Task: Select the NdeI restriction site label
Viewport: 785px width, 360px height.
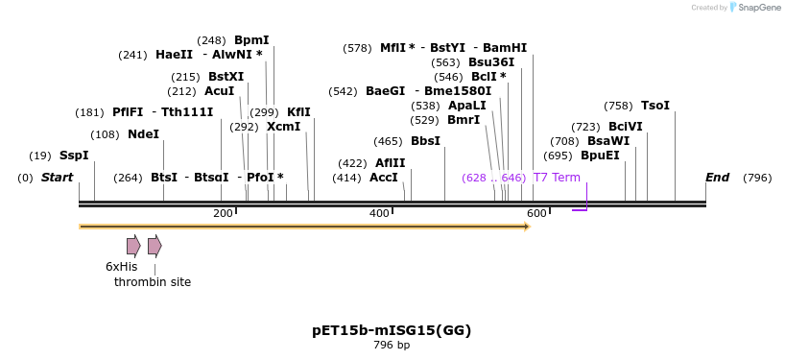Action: tap(143, 134)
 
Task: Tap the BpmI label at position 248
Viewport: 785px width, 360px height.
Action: tap(251, 40)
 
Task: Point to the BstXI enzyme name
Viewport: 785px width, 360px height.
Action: tap(226, 77)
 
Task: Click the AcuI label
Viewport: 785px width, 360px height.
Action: tap(220, 91)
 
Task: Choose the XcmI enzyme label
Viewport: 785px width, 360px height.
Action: tap(283, 127)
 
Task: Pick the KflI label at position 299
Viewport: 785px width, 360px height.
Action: tap(298, 112)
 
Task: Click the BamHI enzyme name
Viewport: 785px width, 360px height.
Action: tap(505, 48)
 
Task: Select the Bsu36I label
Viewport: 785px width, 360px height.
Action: tap(491, 62)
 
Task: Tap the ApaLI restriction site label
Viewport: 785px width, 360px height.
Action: tap(466, 106)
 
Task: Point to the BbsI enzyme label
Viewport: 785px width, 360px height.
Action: tap(425, 141)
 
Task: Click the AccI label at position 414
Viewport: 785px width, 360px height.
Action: tap(383, 178)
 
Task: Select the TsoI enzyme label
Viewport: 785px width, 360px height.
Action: tap(655, 106)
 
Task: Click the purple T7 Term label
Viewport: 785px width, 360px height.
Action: tap(557, 178)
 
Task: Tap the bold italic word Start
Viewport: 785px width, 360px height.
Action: tap(57, 178)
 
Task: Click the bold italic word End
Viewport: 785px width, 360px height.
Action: tap(717, 178)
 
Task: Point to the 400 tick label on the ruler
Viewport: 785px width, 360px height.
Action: tap(379, 213)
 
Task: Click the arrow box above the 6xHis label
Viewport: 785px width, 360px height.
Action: tap(133, 246)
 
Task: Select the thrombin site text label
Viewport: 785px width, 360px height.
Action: tap(153, 282)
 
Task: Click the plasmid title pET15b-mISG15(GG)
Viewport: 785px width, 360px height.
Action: tap(392, 330)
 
